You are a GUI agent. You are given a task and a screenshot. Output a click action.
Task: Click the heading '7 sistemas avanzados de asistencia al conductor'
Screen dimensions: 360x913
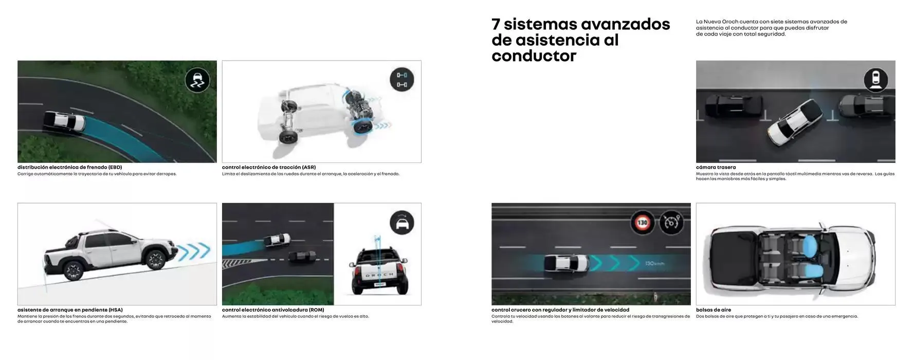pos(580,40)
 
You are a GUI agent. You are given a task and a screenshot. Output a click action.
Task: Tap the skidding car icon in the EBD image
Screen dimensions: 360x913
pos(197,80)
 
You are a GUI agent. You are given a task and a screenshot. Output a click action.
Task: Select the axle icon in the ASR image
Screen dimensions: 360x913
pos(401,80)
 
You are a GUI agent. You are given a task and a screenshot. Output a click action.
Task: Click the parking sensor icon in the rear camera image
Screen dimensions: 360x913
pos(875,80)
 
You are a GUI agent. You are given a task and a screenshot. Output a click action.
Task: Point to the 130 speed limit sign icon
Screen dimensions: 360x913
pos(643,223)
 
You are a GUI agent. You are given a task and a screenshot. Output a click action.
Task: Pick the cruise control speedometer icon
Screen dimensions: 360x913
pos(671,223)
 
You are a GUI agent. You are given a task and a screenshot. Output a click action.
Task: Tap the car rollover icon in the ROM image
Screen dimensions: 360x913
pos(401,223)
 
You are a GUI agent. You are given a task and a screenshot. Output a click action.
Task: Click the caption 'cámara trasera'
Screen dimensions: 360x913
pos(716,167)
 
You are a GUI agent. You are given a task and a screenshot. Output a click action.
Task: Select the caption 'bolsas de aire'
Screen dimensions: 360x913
pos(713,310)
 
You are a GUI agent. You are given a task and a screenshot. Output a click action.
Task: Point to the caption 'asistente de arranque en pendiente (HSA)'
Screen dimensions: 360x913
pos(70,310)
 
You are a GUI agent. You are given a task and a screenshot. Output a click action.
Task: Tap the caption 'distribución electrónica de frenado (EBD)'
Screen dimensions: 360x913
pos(69,167)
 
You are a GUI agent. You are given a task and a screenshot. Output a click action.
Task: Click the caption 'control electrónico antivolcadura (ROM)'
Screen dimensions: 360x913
pos(273,310)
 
